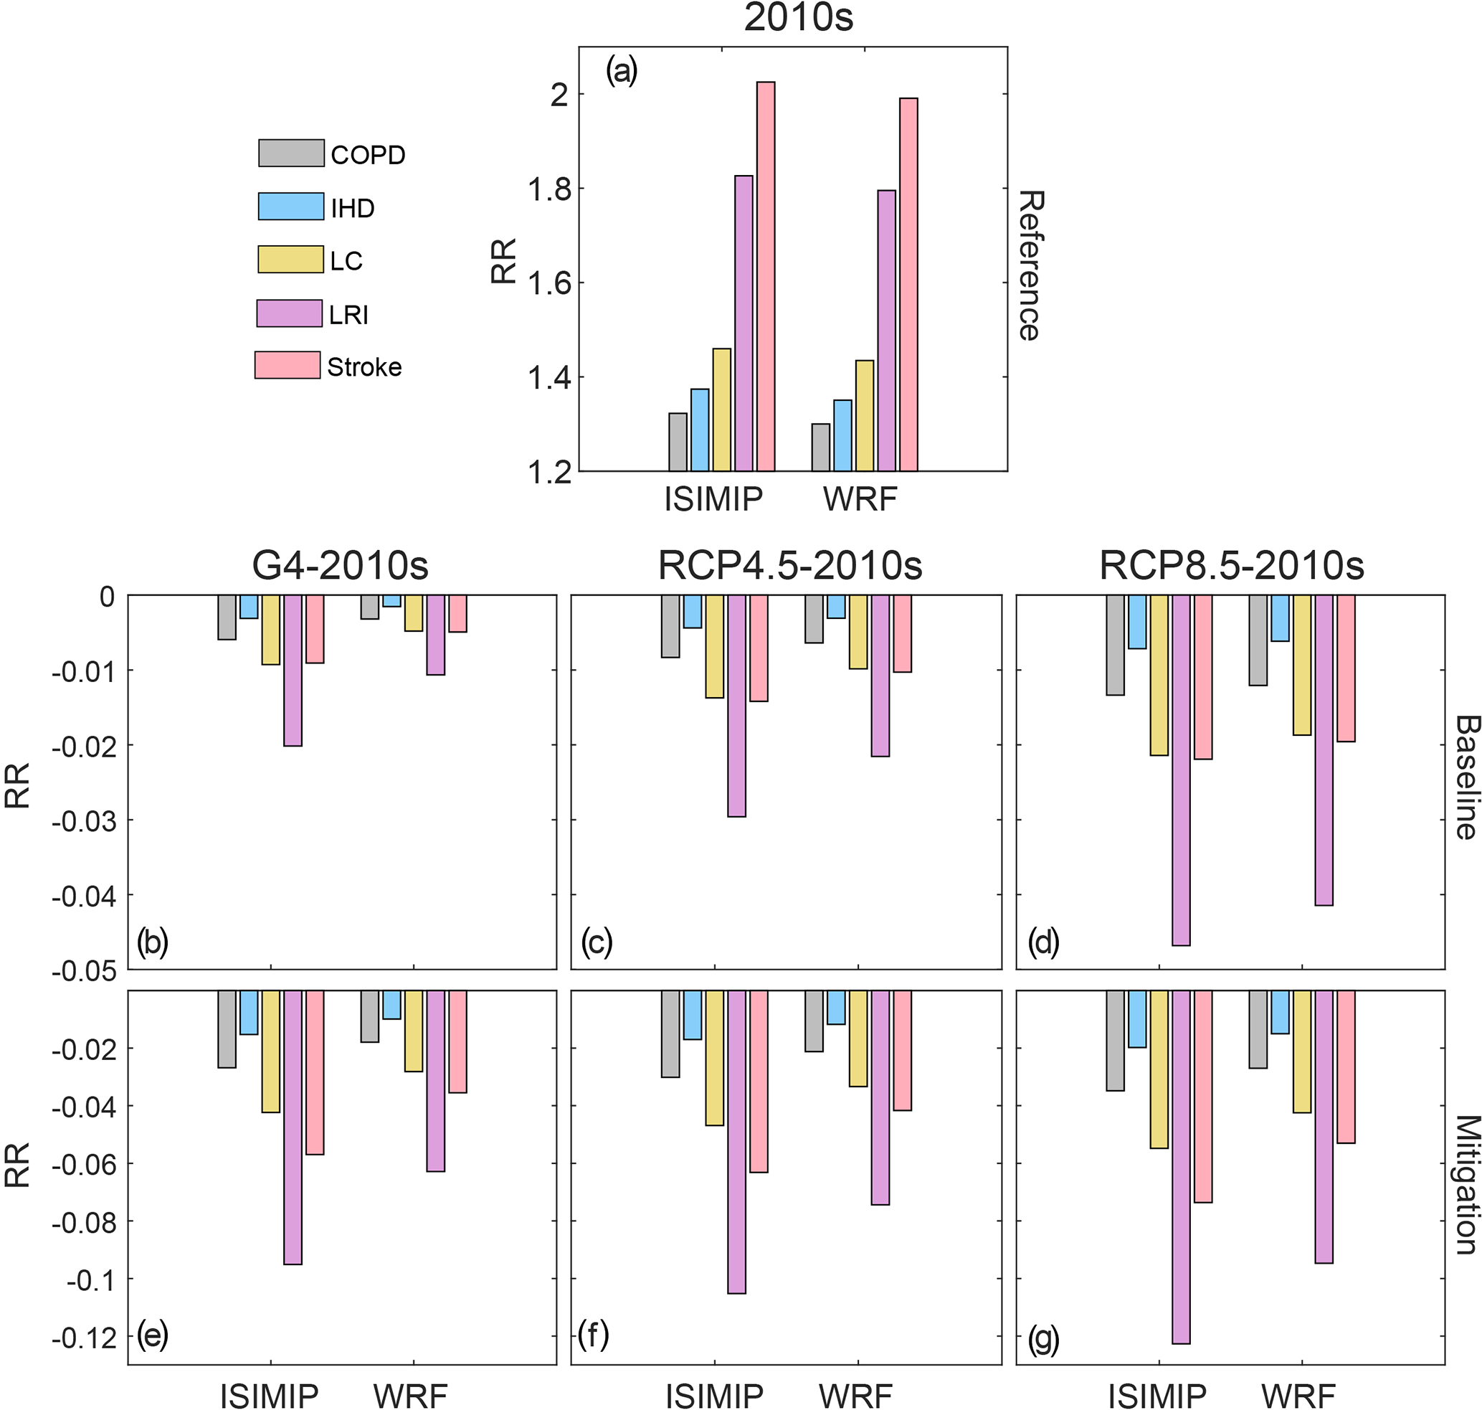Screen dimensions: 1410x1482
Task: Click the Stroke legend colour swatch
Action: coord(287,365)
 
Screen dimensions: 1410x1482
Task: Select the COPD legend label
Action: coord(368,155)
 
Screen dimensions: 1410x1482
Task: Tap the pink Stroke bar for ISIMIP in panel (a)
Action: coord(765,276)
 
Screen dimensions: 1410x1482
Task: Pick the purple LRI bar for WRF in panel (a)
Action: coord(887,331)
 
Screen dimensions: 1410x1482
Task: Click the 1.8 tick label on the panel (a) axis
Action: coord(549,189)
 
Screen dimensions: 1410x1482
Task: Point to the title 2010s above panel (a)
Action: coord(798,18)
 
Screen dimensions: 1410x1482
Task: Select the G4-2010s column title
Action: coord(340,566)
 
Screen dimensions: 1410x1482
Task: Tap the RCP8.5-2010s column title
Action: coord(1231,566)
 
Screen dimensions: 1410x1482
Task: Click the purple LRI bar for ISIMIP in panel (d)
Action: coord(1181,770)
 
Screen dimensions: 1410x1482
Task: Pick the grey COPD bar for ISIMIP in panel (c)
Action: coord(670,626)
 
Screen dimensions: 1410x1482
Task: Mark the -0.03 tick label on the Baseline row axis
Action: coord(83,820)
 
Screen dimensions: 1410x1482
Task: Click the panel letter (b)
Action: coord(153,942)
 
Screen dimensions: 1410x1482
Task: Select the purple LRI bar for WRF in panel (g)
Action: coord(1324,1127)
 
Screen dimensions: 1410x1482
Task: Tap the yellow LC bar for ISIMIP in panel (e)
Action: coord(270,1051)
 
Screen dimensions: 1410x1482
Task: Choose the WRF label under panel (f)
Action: coord(855,1395)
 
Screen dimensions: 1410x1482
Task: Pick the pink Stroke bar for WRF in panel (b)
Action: coord(457,614)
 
